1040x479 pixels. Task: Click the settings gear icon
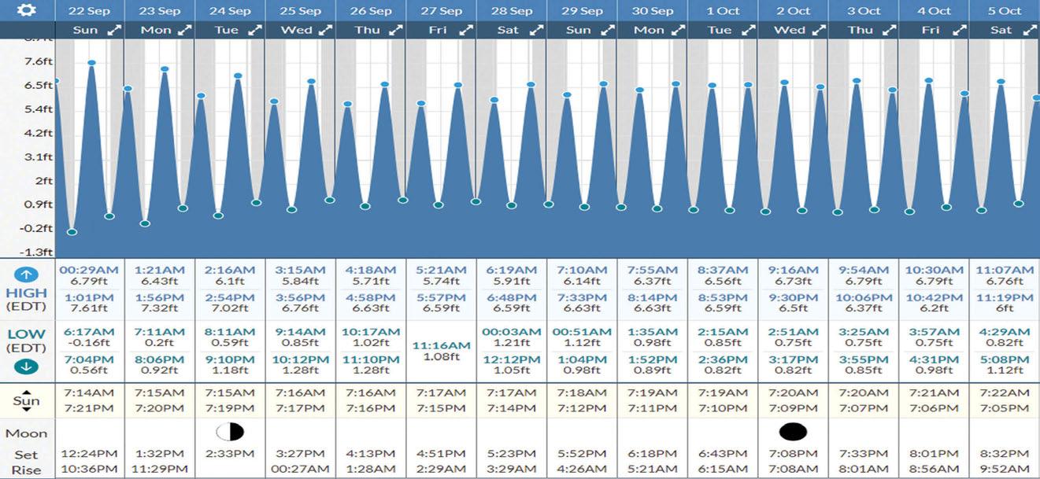tap(27, 9)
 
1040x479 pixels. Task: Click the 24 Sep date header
tap(229, 11)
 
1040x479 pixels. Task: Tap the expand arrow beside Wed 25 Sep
tap(325, 31)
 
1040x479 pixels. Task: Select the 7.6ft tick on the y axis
tap(38, 61)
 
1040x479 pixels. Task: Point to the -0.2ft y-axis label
tap(36, 228)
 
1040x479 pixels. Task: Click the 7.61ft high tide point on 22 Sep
tap(91, 63)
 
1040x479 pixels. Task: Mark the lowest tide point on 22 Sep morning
tap(72, 232)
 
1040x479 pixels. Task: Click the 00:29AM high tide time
tap(89, 270)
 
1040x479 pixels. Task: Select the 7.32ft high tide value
tap(159, 308)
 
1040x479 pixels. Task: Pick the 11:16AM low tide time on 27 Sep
tap(441, 345)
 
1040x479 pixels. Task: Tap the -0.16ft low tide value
tap(89, 343)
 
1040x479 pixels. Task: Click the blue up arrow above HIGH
tap(26, 275)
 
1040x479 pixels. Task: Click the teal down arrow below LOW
tap(26, 367)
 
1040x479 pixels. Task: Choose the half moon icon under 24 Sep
tap(230, 432)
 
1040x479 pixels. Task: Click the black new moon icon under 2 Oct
tap(793, 432)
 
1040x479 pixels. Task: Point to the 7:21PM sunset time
tap(89, 408)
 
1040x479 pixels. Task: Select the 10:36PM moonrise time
tap(89, 470)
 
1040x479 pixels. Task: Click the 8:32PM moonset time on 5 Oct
tap(1005, 454)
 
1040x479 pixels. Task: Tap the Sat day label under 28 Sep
tap(508, 30)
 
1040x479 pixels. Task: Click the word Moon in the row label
tap(27, 433)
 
